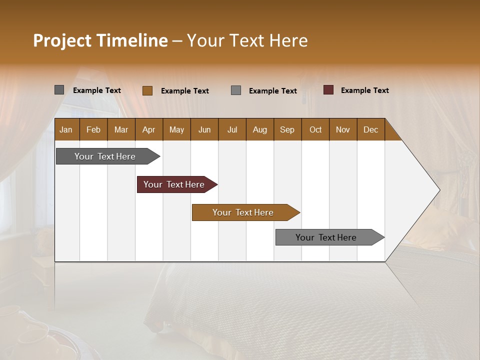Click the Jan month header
pos(66,129)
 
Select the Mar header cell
pos(121,129)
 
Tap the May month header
pos(176,129)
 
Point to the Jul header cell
pos(232,129)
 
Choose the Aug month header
pos(259,129)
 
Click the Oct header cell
pos(315,129)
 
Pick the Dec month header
pos(370,129)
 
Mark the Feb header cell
pos(93,129)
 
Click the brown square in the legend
pos(147,90)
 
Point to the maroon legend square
pos(328,90)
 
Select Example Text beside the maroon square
pos(364,90)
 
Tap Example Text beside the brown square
pos(184,91)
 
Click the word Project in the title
pos(62,40)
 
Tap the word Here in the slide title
pos(288,40)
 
